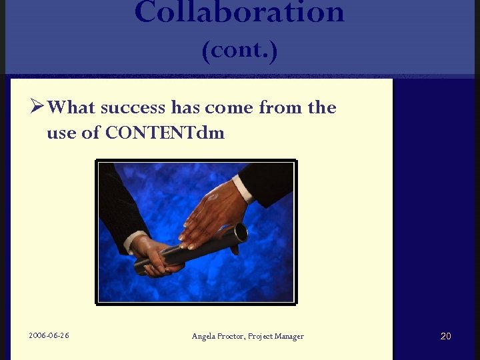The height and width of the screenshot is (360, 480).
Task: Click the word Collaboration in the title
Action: coord(239,12)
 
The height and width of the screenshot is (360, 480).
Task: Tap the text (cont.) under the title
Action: coord(239,51)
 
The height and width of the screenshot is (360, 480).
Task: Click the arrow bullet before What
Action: coord(37,107)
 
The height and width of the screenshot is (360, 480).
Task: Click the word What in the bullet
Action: coord(73,107)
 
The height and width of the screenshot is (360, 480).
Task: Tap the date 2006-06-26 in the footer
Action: coord(49,335)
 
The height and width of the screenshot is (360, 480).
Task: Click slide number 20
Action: coord(445,336)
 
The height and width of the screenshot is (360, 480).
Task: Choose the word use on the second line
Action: coord(61,133)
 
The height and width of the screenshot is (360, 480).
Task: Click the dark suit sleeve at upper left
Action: coord(120,200)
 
